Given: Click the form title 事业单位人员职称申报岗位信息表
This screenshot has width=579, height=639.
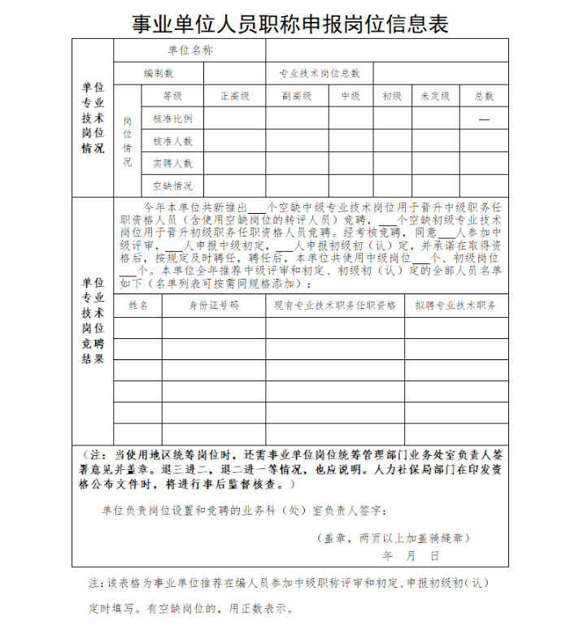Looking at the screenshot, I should tap(290, 24).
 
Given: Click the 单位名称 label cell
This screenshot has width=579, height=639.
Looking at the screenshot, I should tap(189, 50).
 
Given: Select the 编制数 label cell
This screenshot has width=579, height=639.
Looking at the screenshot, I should tap(159, 73).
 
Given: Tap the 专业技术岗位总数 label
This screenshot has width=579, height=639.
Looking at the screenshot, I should tap(320, 73).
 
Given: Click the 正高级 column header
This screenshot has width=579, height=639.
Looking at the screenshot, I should tap(234, 96).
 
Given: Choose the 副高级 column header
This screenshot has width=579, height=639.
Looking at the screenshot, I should tap(297, 96).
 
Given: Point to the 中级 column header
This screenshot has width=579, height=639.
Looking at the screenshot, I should tap(350, 96).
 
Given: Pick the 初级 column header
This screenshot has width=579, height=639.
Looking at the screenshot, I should tap(392, 96).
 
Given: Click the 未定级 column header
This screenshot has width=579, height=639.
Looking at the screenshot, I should tap(435, 96).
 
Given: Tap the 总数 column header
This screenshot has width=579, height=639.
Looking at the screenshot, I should tap(484, 96).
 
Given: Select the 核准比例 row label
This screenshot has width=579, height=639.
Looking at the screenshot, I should tap(172, 119).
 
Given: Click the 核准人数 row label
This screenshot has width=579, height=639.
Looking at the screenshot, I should tap(172, 141).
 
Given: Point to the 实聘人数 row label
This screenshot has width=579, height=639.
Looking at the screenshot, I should tap(172, 163).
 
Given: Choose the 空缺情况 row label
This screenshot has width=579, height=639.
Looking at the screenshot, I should tap(172, 186).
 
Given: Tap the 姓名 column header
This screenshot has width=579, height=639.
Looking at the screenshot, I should tap(138, 306).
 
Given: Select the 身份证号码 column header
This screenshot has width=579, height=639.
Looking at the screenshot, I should tap(214, 306).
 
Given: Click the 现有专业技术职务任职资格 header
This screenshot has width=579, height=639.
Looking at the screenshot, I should tap(335, 306).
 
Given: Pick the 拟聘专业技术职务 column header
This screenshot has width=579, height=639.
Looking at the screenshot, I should tap(455, 306).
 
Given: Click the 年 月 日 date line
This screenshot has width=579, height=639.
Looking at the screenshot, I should tap(411, 555).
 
